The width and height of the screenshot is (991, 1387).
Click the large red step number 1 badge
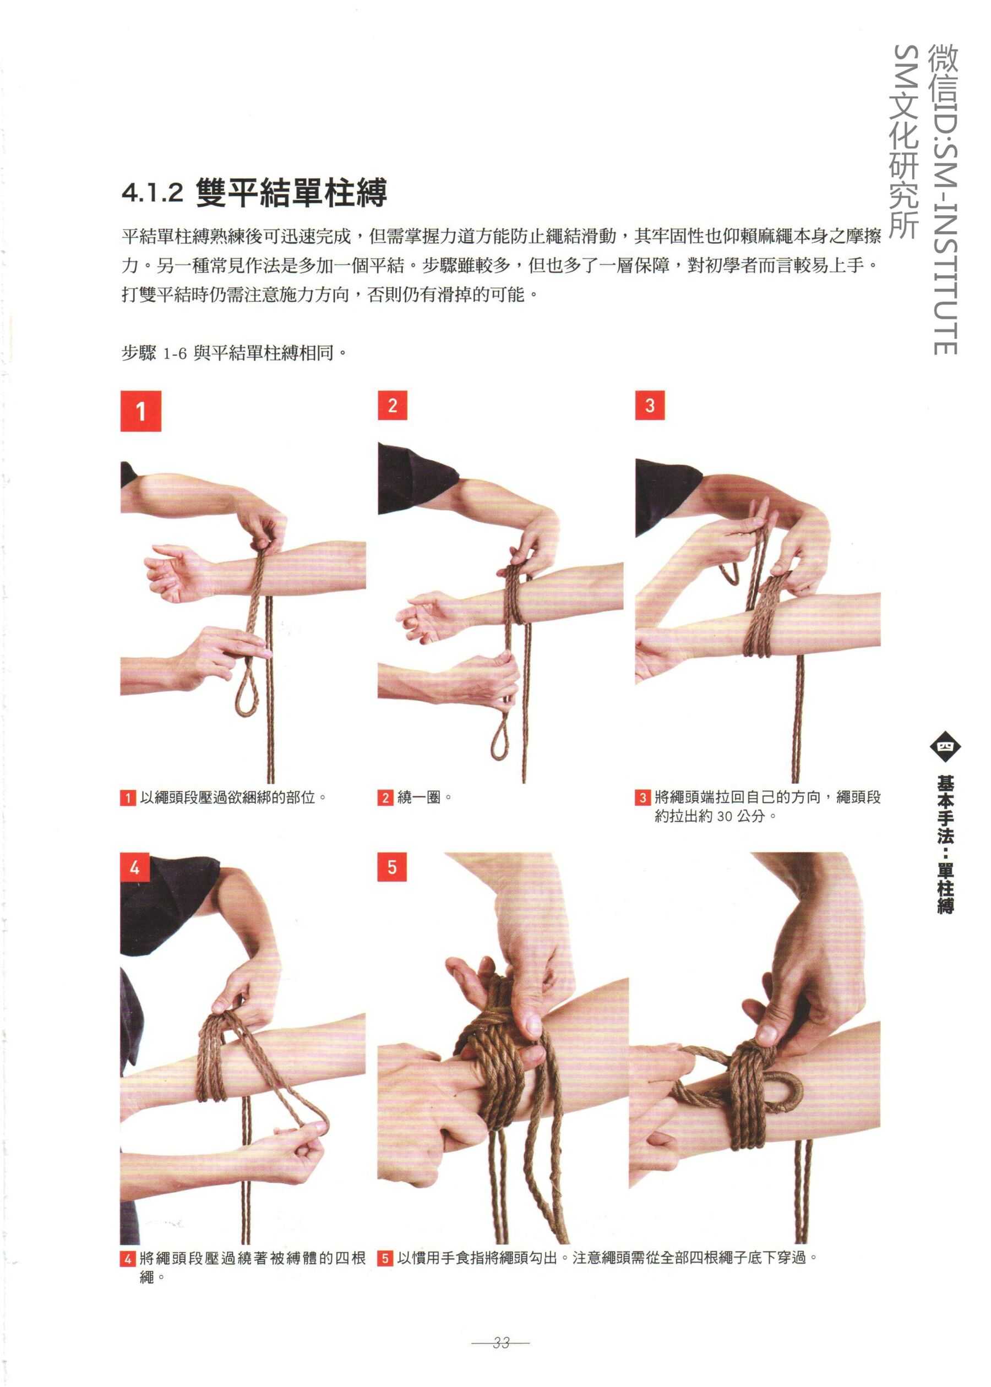[x=141, y=411]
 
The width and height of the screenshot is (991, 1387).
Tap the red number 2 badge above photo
[x=393, y=405]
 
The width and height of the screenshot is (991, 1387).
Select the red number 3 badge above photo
[x=650, y=405]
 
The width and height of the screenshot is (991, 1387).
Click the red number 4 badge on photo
[x=135, y=867]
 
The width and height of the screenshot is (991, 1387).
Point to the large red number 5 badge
[x=393, y=867]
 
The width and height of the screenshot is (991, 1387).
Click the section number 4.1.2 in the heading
[x=153, y=193]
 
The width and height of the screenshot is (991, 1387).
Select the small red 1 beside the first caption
[x=128, y=798]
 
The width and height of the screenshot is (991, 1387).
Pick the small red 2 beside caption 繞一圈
[x=385, y=798]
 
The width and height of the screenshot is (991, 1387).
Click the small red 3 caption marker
[x=642, y=798]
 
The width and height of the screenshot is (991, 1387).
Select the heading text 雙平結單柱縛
[x=292, y=193]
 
